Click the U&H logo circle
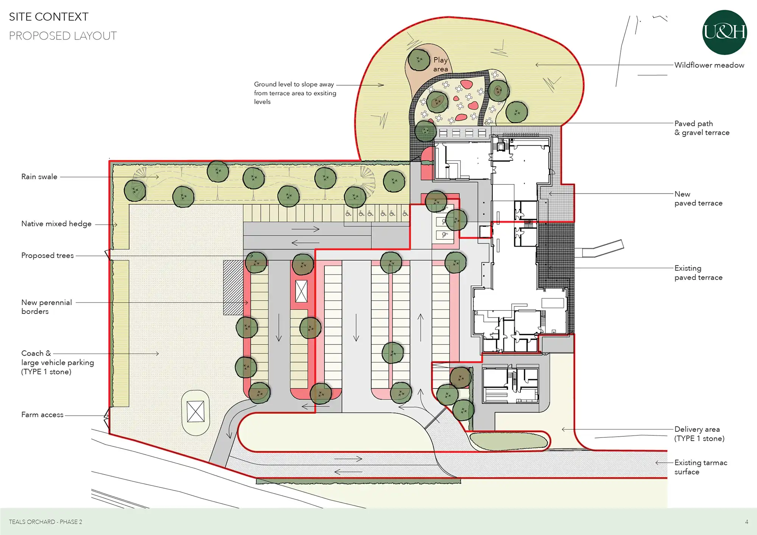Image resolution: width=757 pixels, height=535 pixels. coord(724,33)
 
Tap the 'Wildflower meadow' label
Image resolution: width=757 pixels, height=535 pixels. coord(709,65)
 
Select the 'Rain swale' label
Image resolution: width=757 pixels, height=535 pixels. coord(39,177)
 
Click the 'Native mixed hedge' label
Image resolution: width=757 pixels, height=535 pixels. coord(56,224)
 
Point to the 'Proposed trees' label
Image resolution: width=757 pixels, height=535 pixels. coord(47,256)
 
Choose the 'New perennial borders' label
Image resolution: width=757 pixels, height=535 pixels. coord(47,307)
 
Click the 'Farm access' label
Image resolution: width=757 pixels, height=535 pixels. coord(42,415)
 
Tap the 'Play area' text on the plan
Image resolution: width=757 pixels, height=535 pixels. coord(441,64)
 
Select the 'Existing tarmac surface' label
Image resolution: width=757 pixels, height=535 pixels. coord(701,467)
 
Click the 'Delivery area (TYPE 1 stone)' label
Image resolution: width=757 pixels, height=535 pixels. coord(699,434)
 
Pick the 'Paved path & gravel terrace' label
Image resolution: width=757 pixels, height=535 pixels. coord(702,128)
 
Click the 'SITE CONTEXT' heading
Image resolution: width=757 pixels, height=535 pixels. coord(48,17)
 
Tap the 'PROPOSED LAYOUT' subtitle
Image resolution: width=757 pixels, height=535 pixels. coord(63,36)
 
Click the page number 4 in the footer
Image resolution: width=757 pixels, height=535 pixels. coord(746,522)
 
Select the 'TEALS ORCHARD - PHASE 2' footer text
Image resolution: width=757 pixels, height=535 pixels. coord(45,522)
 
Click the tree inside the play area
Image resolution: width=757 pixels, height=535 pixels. coord(419,60)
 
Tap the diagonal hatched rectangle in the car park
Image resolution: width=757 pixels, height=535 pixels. coord(233,287)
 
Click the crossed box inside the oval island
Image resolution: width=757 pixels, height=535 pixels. coord(196,411)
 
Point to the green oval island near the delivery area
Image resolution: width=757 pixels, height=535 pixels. coord(509,441)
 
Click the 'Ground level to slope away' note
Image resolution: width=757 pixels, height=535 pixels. coord(294,84)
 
